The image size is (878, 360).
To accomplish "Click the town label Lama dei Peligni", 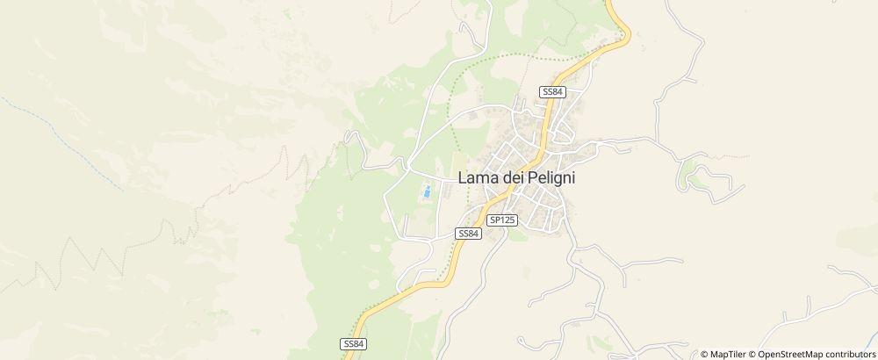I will coord(520,176).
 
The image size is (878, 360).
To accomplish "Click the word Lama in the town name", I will coord(479,176).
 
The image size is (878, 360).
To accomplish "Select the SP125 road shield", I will coord(502,220).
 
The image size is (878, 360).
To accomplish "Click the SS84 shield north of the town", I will coord(552,92).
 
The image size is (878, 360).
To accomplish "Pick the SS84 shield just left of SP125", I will coord(468,233).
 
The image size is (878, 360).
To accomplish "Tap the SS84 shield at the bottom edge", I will coord(352,343).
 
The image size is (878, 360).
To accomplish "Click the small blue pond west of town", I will coord(426,191).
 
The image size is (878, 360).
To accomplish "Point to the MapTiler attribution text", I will coord(728,354).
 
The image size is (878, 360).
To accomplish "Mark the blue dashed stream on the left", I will coord(61,140).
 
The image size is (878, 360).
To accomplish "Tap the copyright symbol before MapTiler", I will coord(704,354).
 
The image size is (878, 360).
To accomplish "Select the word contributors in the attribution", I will coord(846,354).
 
